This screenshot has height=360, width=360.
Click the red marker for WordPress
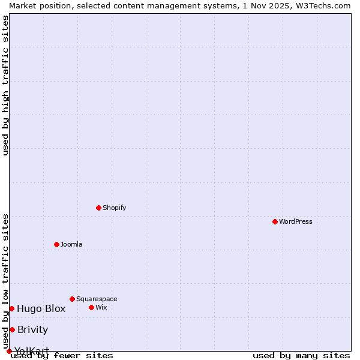(275, 221)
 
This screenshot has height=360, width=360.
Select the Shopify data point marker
(98, 208)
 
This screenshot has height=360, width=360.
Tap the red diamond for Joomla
(56, 244)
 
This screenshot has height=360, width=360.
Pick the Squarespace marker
(72, 299)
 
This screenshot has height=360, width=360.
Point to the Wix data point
(91, 307)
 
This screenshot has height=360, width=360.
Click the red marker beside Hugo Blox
(11, 308)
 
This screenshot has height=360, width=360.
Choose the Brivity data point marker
(12, 329)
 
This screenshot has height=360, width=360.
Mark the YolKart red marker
(9, 351)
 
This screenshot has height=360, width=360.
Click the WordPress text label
(296, 221)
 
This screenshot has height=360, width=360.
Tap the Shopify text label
(114, 208)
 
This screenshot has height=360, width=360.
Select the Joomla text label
(71, 244)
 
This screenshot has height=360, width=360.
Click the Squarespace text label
(97, 299)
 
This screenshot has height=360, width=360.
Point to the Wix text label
(101, 307)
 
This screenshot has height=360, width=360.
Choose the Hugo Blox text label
(41, 308)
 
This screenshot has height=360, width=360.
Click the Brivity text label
(32, 329)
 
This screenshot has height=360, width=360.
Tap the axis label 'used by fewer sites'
(62, 356)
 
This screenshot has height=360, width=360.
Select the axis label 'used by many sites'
(301, 356)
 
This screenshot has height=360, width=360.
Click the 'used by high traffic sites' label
(5, 85)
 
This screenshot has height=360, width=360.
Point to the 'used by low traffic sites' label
(5, 281)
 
